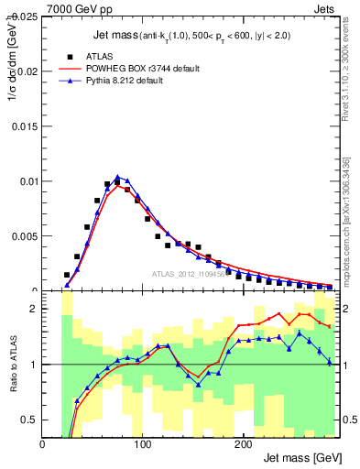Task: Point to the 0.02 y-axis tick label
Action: tap(28, 71)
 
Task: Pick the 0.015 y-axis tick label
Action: tap(26, 126)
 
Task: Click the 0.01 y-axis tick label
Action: tap(28, 181)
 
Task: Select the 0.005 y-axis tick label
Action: tap(26, 236)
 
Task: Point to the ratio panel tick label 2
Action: tap(34, 309)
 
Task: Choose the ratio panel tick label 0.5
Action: tap(30, 420)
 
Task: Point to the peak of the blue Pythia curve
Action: tap(117, 176)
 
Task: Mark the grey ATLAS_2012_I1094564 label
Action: tap(192, 274)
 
